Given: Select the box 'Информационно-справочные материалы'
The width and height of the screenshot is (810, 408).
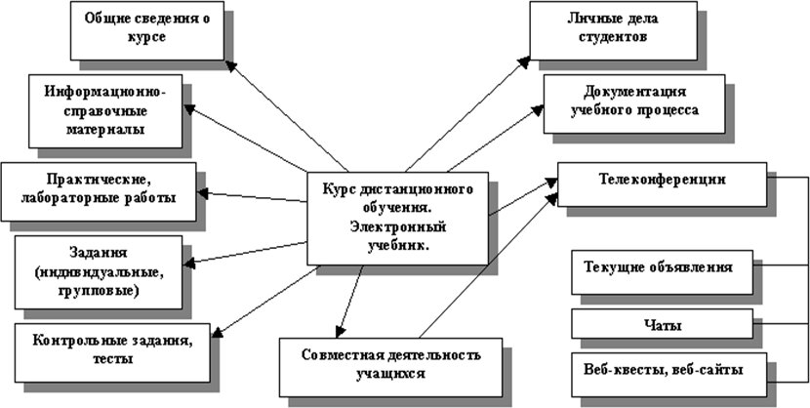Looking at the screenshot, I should point(106,110).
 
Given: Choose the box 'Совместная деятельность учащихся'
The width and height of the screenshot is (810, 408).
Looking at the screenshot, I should point(390,364).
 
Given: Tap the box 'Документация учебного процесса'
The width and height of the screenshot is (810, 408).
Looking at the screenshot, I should point(634,102).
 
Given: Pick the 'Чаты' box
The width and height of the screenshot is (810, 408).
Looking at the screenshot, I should point(662,324).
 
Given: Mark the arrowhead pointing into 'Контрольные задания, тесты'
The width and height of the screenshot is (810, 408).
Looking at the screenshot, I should point(220,331).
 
